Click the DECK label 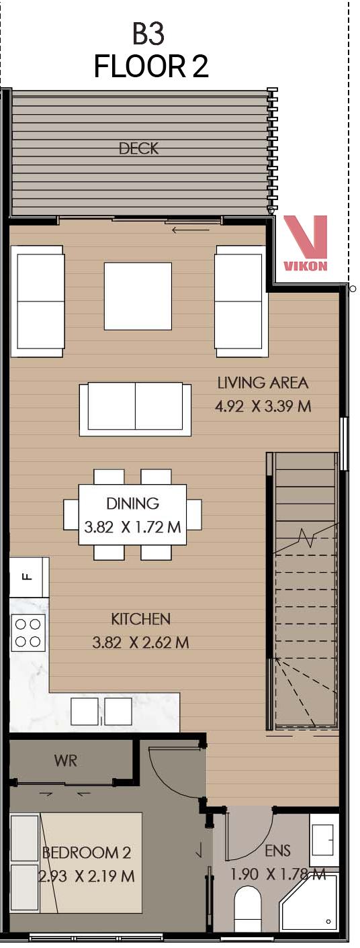point(139,148)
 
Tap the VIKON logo point(305,243)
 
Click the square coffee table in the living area point(138,296)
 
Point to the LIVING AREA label point(263,383)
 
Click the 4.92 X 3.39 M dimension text point(263,407)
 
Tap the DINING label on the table point(132,503)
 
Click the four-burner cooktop point(28,632)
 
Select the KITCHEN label point(140,619)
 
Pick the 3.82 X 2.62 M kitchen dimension point(140,643)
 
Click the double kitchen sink point(101,712)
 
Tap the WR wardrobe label point(66,761)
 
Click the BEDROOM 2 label point(87,853)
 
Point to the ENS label point(278,851)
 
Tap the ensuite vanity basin point(324,834)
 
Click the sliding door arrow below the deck point(191,230)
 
